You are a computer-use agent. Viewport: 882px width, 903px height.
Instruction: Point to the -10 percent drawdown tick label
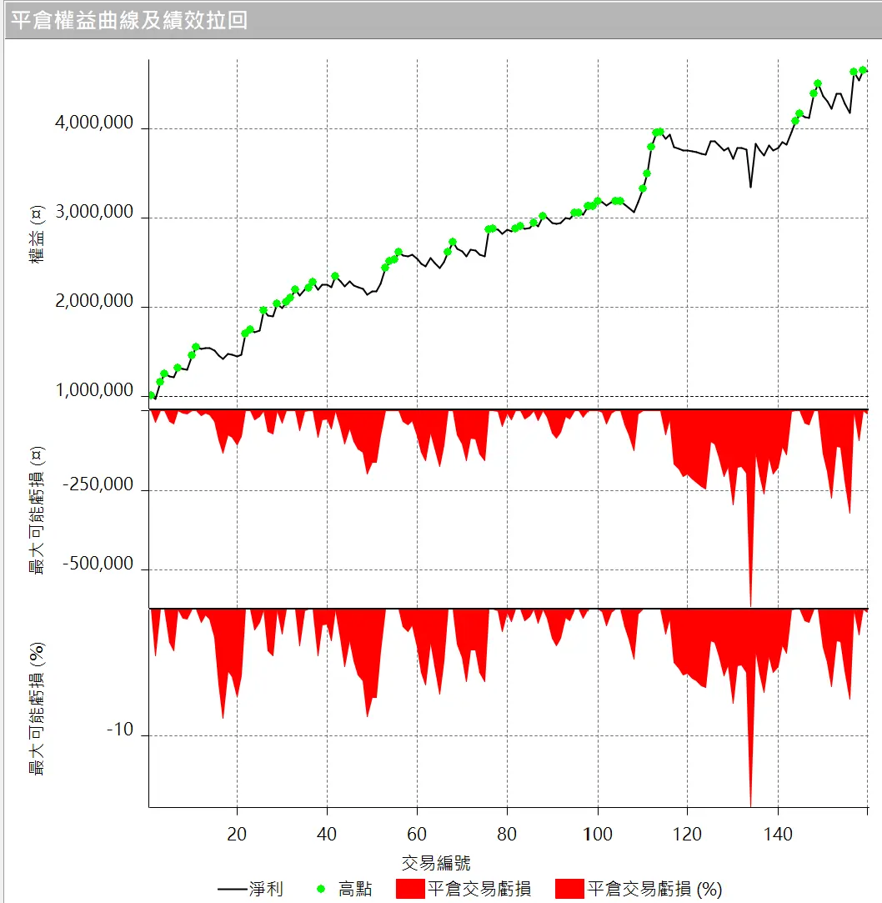click(120, 731)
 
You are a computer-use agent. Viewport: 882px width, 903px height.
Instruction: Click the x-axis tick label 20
click(237, 834)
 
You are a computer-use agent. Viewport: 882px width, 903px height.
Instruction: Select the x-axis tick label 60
click(417, 834)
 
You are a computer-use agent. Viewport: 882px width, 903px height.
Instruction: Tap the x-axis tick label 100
click(597, 834)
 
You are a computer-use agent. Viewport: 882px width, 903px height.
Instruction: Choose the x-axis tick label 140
click(777, 834)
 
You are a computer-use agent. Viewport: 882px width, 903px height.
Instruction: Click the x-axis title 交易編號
click(436, 862)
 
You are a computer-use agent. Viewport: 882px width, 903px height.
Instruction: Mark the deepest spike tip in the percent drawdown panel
click(750, 805)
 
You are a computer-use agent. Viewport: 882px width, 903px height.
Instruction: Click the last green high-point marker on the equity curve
click(863, 70)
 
